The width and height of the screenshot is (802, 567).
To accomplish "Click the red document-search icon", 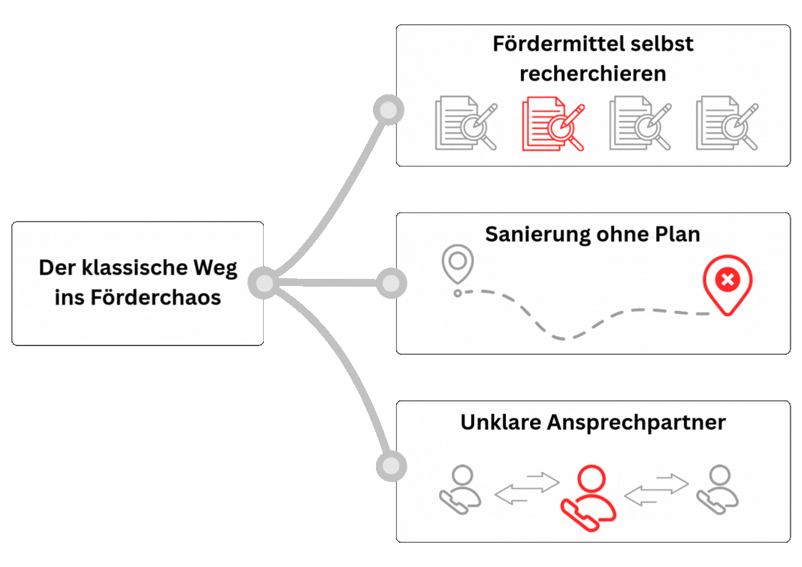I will click(x=553, y=124).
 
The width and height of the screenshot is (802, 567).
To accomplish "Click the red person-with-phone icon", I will click(x=588, y=497).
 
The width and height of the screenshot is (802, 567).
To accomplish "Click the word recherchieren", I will click(x=593, y=73).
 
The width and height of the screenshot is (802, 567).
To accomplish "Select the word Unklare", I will click(x=500, y=422).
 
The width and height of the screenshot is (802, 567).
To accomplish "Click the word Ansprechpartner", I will click(x=636, y=423).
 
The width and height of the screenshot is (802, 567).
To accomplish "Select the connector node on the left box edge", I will click(x=264, y=284).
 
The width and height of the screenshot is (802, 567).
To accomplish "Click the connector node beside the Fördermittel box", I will click(x=389, y=110).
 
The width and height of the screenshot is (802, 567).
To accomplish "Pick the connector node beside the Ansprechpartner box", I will click(x=390, y=466).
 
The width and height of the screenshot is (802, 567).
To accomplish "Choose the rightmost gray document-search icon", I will click(x=727, y=124).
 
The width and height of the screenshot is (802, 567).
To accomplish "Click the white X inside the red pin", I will click(x=728, y=280).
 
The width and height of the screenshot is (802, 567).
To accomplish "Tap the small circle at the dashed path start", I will click(x=458, y=293).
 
